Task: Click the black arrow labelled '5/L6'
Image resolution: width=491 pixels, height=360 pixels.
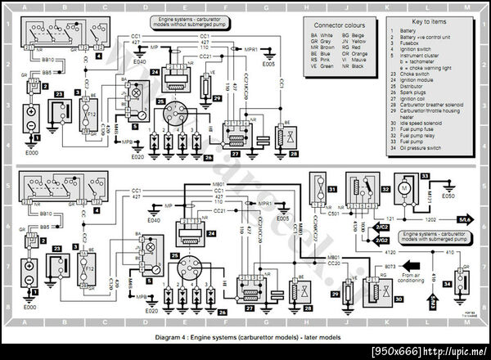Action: click(x=464, y=220)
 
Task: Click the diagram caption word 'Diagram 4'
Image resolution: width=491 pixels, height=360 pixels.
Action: click(x=175, y=338)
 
